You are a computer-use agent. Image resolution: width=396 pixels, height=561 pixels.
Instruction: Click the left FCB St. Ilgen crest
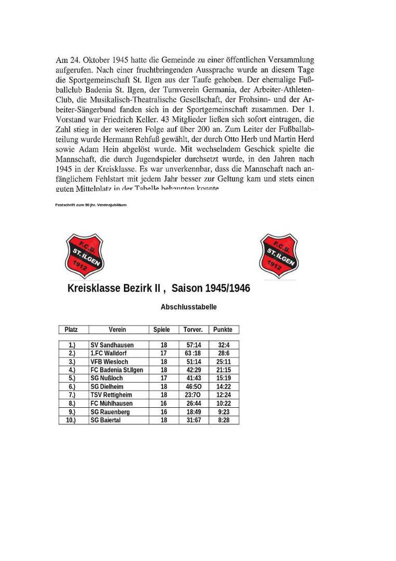(x=84, y=256)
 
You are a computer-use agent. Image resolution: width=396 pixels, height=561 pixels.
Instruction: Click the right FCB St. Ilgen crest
(x=279, y=256)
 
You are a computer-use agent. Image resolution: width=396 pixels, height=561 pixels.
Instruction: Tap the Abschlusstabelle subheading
(x=188, y=307)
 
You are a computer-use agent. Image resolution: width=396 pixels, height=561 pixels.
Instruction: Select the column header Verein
(x=117, y=330)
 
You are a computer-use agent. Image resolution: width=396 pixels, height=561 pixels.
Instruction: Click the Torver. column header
(x=193, y=330)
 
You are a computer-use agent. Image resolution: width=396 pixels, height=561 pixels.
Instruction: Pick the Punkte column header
(x=224, y=330)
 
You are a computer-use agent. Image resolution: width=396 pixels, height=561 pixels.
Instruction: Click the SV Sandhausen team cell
(x=112, y=345)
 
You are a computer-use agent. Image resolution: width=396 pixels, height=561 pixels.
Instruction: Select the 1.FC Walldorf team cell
(x=108, y=353)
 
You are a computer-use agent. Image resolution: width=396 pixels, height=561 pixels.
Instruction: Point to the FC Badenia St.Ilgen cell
(x=117, y=370)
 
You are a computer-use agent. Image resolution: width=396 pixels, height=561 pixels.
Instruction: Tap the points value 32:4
(x=224, y=345)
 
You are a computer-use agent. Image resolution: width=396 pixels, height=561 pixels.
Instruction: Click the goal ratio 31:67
(x=193, y=420)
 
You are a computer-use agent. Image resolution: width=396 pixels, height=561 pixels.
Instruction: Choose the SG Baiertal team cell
(x=105, y=420)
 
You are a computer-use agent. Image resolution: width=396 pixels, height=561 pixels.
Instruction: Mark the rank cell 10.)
(x=71, y=420)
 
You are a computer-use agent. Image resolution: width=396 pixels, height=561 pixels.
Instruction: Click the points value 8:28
(x=224, y=420)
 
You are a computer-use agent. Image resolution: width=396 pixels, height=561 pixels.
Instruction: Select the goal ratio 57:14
(x=193, y=345)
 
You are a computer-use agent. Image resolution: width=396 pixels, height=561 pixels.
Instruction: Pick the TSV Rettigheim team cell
(x=111, y=395)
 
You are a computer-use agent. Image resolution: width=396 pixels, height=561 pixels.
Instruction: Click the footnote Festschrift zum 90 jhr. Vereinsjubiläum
(x=91, y=205)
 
